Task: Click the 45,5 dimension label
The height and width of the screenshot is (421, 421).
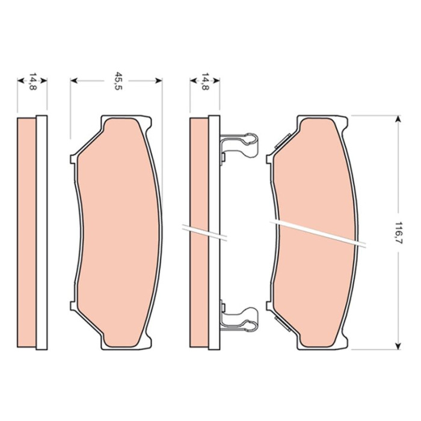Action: click(x=118, y=81)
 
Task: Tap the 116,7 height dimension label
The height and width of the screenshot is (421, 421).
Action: click(x=398, y=233)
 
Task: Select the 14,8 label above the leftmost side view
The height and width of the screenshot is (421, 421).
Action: click(x=32, y=81)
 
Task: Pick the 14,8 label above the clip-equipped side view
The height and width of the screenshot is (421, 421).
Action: click(x=205, y=81)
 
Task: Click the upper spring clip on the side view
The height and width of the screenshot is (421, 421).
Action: click(x=238, y=146)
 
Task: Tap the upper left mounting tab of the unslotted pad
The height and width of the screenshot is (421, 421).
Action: click(x=73, y=159)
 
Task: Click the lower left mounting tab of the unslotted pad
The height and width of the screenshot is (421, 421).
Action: click(x=73, y=306)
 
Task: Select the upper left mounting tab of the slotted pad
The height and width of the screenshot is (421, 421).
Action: click(x=269, y=159)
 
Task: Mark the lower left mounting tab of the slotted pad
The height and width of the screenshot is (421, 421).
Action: click(x=269, y=306)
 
